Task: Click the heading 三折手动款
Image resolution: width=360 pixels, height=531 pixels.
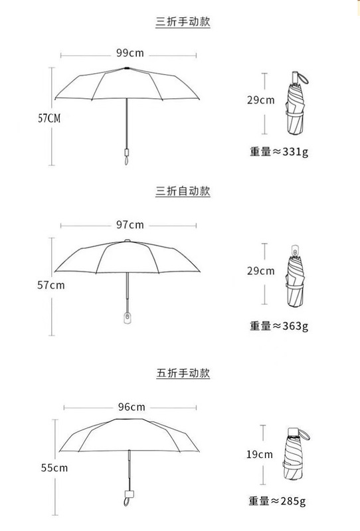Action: pyautogui.click(x=183, y=22)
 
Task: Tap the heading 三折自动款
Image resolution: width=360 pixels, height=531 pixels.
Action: pyautogui.click(x=183, y=191)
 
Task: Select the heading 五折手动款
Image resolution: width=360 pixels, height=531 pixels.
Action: pyautogui.click(x=183, y=373)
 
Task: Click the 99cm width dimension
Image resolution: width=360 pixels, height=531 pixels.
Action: pyautogui.click(x=130, y=53)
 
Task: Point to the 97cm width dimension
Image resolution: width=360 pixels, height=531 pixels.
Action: pyautogui.click(x=130, y=225)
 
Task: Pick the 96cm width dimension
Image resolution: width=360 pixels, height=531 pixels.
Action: pyautogui.click(x=132, y=407)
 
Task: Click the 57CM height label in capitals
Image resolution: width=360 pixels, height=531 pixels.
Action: pyautogui.click(x=49, y=118)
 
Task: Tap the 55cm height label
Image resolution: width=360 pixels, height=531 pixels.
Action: pyautogui.click(x=54, y=468)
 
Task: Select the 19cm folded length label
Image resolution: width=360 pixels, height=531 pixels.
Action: pyautogui.click(x=259, y=455)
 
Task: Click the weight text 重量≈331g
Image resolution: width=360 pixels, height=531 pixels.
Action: pyautogui.click(x=279, y=151)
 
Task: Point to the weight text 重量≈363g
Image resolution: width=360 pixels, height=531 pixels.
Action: pyautogui.click(x=279, y=326)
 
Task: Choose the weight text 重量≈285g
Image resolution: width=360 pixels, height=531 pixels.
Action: pyautogui.click(x=277, y=500)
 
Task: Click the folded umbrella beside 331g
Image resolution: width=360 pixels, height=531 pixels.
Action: pyautogui.click(x=296, y=104)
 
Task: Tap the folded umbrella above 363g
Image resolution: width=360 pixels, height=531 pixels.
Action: pyautogui.click(x=295, y=277)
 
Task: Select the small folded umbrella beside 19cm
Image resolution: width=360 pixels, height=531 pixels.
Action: pyautogui.click(x=294, y=454)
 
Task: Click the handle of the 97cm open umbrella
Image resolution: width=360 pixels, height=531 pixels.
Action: pyautogui.click(x=128, y=318)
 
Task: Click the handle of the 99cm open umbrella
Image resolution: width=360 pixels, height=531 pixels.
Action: pyautogui.click(x=127, y=156)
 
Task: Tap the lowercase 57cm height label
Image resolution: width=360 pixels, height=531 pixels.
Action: pyautogui.click(x=51, y=285)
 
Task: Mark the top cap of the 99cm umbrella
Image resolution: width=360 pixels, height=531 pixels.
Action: pyautogui.click(x=127, y=68)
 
